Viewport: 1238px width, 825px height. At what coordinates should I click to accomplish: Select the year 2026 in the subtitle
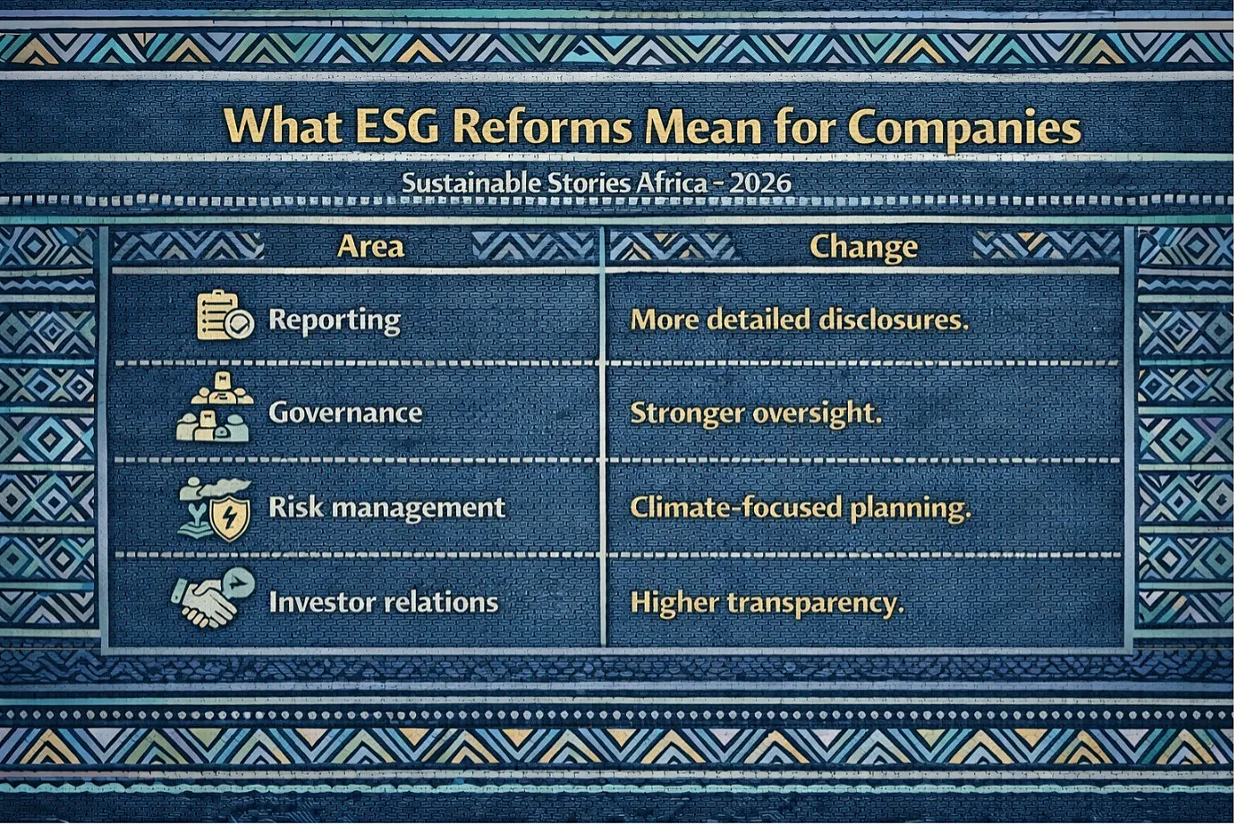pyautogui.click(x=760, y=183)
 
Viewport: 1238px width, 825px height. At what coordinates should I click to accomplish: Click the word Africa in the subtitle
pyautogui.click(x=671, y=183)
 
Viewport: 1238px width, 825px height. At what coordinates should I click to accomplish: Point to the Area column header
pyautogui.click(x=370, y=246)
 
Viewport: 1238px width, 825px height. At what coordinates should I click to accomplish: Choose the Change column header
pyautogui.click(x=863, y=247)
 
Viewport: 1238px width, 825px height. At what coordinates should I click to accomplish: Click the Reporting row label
pyautogui.click(x=335, y=321)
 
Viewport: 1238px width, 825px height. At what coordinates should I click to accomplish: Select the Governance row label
pyautogui.click(x=345, y=413)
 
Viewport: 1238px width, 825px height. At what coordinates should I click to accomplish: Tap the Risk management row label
pyautogui.click(x=386, y=507)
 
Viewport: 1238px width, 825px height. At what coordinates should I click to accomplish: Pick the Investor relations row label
pyautogui.click(x=384, y=601)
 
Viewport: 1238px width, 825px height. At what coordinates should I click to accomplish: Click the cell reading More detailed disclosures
pyautogui.click(x=800, y=319)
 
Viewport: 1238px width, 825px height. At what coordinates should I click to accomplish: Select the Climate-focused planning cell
pyautogui.click(x=801, y=508)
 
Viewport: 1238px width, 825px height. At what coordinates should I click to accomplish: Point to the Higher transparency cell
pyautogui.click(x=767, y=603)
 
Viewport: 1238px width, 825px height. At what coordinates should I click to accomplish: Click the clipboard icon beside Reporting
pyautogui.click(x=225, y=315)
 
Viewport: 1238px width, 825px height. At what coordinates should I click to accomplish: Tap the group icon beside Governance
pyautogui.click(x=215, y=407)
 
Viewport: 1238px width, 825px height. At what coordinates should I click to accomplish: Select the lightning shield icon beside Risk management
pyautogui.click(x=231, y=519)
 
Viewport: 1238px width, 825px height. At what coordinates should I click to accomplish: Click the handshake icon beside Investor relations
pyautogui.click(x=212, y=600)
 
